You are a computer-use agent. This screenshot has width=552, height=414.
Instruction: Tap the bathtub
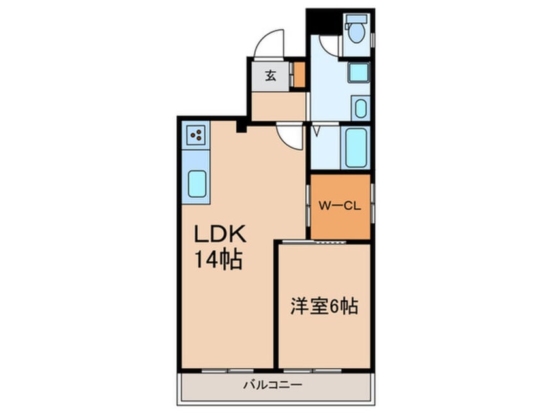(x=356, y=148)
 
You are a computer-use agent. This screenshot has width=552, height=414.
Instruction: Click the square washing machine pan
(x=358, y=72)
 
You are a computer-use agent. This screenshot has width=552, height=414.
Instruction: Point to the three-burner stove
(x=196, y=135)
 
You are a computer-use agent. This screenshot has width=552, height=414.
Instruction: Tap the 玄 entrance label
(x=269, y=74)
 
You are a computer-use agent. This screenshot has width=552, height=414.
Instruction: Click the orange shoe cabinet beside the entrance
(x=299, y=74)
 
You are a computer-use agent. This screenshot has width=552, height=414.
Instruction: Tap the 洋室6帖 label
(x=324, y=306)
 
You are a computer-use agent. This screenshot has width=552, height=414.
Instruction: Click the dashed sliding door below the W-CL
(x=326, y=242)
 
